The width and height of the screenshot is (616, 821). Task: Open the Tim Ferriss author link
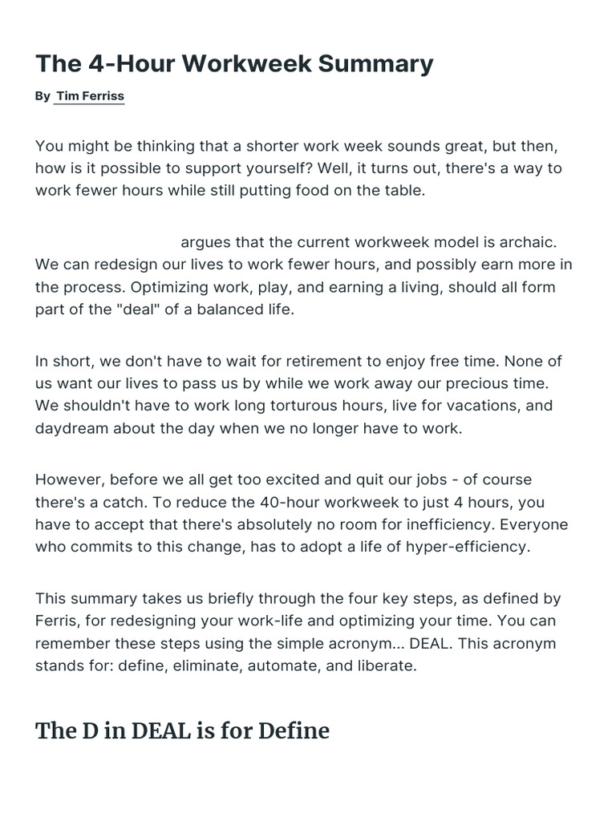90,96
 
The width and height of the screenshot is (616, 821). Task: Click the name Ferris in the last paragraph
57,621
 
